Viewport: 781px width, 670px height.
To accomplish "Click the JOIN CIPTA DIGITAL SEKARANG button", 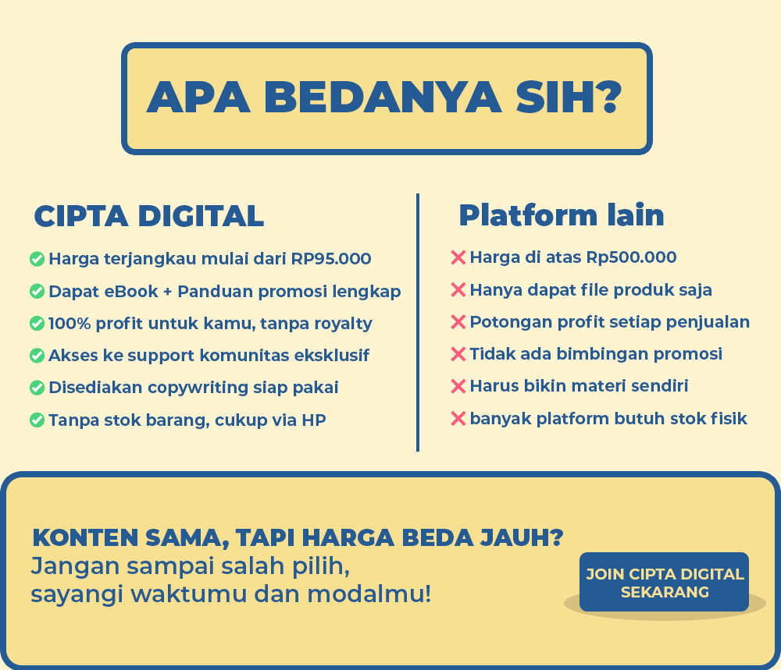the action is pyautogui.click(x=664, y=582).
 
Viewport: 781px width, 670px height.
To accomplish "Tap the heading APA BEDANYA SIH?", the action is pyautogui.click(x=384, y=97).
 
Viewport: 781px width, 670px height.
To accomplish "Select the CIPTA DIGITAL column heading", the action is pyautogui.click(x=149, y=216).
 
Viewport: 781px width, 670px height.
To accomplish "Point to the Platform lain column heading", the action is pyautogui.click(x=562, y=214).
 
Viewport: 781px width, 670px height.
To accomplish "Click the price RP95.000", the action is pyautogui.click(x=330, y=259).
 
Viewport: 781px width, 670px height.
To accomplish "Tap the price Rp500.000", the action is pyautogui.click(x=631, y=257).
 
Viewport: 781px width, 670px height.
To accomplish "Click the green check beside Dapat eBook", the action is pyautogui.click(x=37, y=291).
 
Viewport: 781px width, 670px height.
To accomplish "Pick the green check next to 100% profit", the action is pyautogui.click(x=37, y=324).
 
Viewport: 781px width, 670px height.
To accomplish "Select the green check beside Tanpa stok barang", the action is pyautogui.click(x=37, y=420).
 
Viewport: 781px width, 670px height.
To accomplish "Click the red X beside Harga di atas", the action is pyautogui.click(x=458, y=257).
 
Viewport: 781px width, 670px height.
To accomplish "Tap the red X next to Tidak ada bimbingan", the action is pyautogui.click(x=458, y=354).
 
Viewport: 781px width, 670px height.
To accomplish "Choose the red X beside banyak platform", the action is pyautogui.click(x=458, y=418).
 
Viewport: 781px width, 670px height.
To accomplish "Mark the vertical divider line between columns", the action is pyautogui.click(x=417, y=322).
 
